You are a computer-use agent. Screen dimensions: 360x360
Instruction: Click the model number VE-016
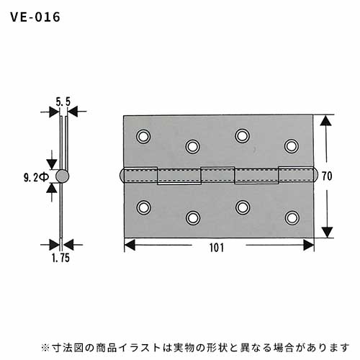point(35,17)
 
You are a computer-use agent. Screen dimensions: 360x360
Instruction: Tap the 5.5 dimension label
point(63,102)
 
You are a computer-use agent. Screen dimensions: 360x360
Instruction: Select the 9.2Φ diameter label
point(36,178)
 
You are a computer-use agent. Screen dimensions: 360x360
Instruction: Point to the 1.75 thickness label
point(60,258)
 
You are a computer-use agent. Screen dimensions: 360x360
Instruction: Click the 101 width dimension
point(217,248)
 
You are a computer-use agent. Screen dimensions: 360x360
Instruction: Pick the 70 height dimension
point(327,176)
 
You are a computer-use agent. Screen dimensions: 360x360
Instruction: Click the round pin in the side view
point(62,176)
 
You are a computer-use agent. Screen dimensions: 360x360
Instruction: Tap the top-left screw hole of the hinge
point(143,136)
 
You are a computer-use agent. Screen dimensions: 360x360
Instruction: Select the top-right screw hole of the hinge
point(292,146)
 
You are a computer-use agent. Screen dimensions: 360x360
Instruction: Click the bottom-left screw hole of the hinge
point(143,207)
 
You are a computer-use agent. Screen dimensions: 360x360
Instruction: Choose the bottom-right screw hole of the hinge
point(292,217)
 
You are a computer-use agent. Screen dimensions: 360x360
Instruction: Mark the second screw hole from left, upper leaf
point(192,146)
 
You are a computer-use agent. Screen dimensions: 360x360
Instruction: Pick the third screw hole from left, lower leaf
point(243,207)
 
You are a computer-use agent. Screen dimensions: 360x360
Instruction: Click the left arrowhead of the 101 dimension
point(130,245)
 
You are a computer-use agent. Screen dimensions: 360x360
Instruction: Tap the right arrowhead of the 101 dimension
point(309,245)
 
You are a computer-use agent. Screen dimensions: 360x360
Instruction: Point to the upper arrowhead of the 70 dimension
point(326,120)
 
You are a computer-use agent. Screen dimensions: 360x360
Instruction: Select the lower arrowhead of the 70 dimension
point(327,232)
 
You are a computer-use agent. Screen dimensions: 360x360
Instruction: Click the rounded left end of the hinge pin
point(122,176)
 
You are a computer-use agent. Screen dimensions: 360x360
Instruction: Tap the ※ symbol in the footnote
point(45,348)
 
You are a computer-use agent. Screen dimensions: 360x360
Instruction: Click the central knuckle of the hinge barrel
point(217,175)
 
